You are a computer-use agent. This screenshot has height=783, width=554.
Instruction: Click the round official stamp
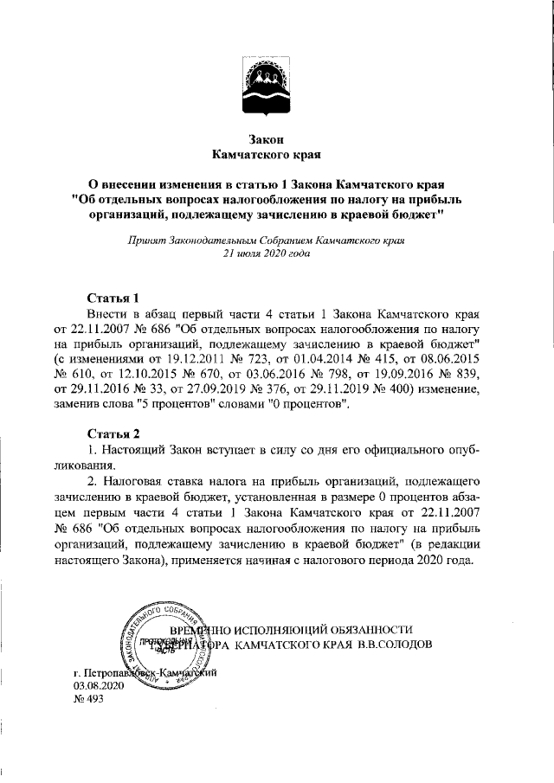point(164,641)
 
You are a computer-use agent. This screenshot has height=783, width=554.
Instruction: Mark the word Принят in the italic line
point(145,240)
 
